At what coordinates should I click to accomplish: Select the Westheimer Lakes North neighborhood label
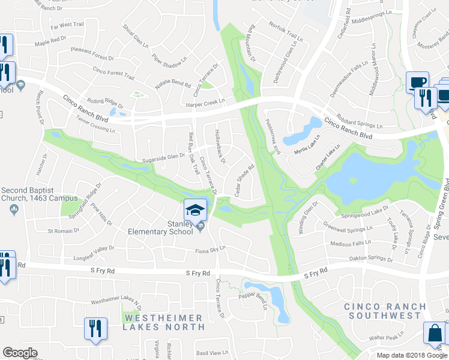pyautogui.click(x=164, y=322)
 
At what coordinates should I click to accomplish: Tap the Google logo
pyautogui.click(x=20, y=353)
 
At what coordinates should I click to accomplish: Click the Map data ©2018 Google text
pyautogui.click(x=412, y=355)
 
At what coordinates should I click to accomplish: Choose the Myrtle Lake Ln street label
pyautogui.click(x=307, y=152)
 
